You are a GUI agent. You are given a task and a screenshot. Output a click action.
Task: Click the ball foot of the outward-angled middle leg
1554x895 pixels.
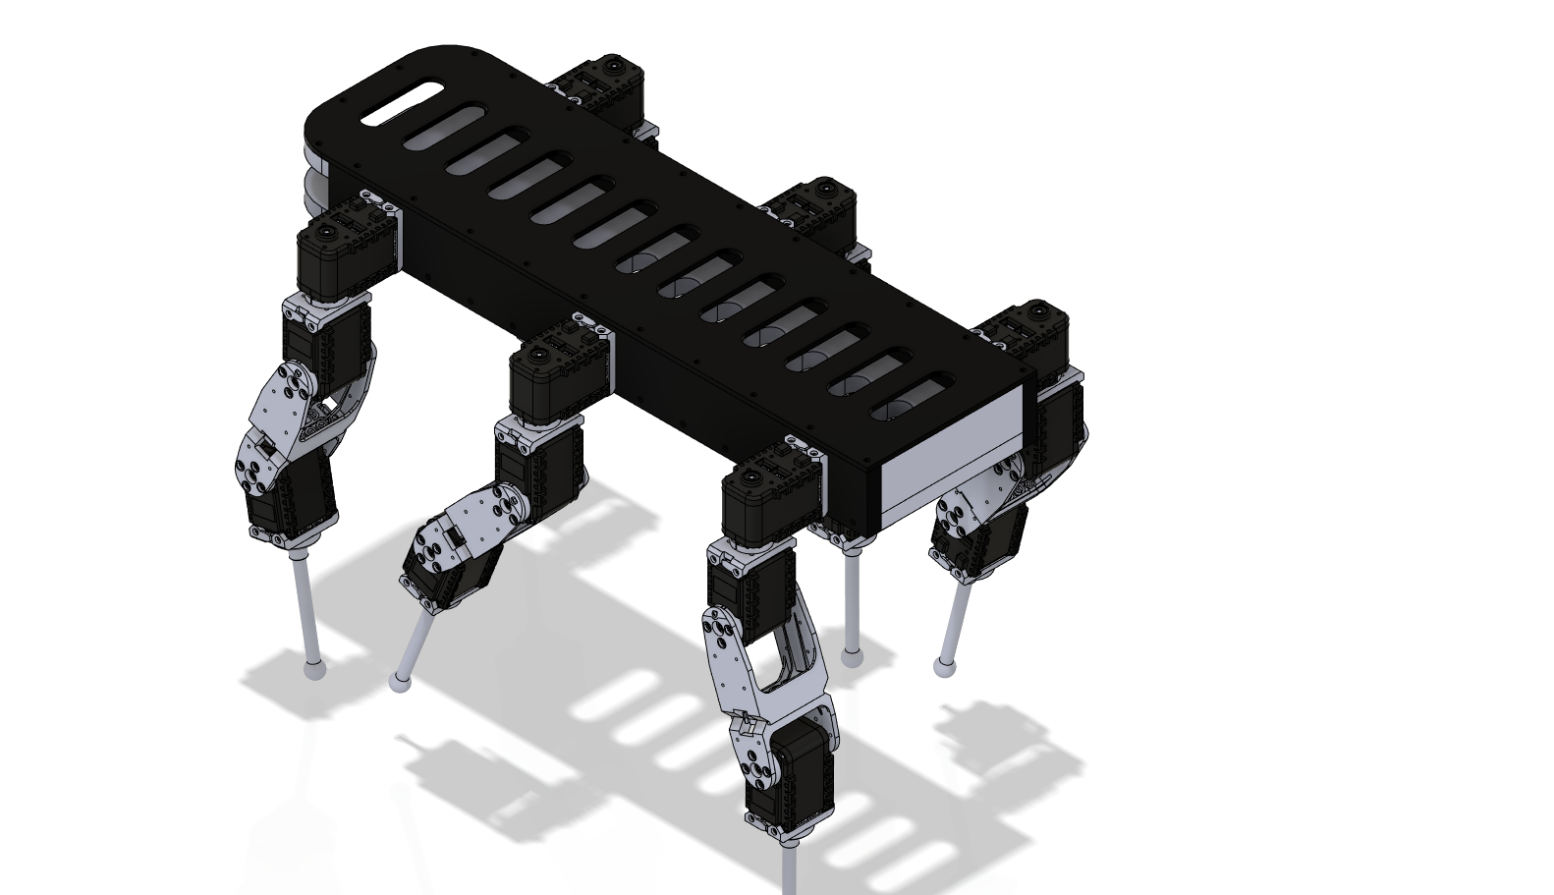(x=400, y=681)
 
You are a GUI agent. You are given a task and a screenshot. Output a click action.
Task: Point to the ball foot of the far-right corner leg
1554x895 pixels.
(x=944, y=667)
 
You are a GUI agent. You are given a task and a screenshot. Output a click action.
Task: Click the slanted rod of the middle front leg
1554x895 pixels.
(x=417, y=643)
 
